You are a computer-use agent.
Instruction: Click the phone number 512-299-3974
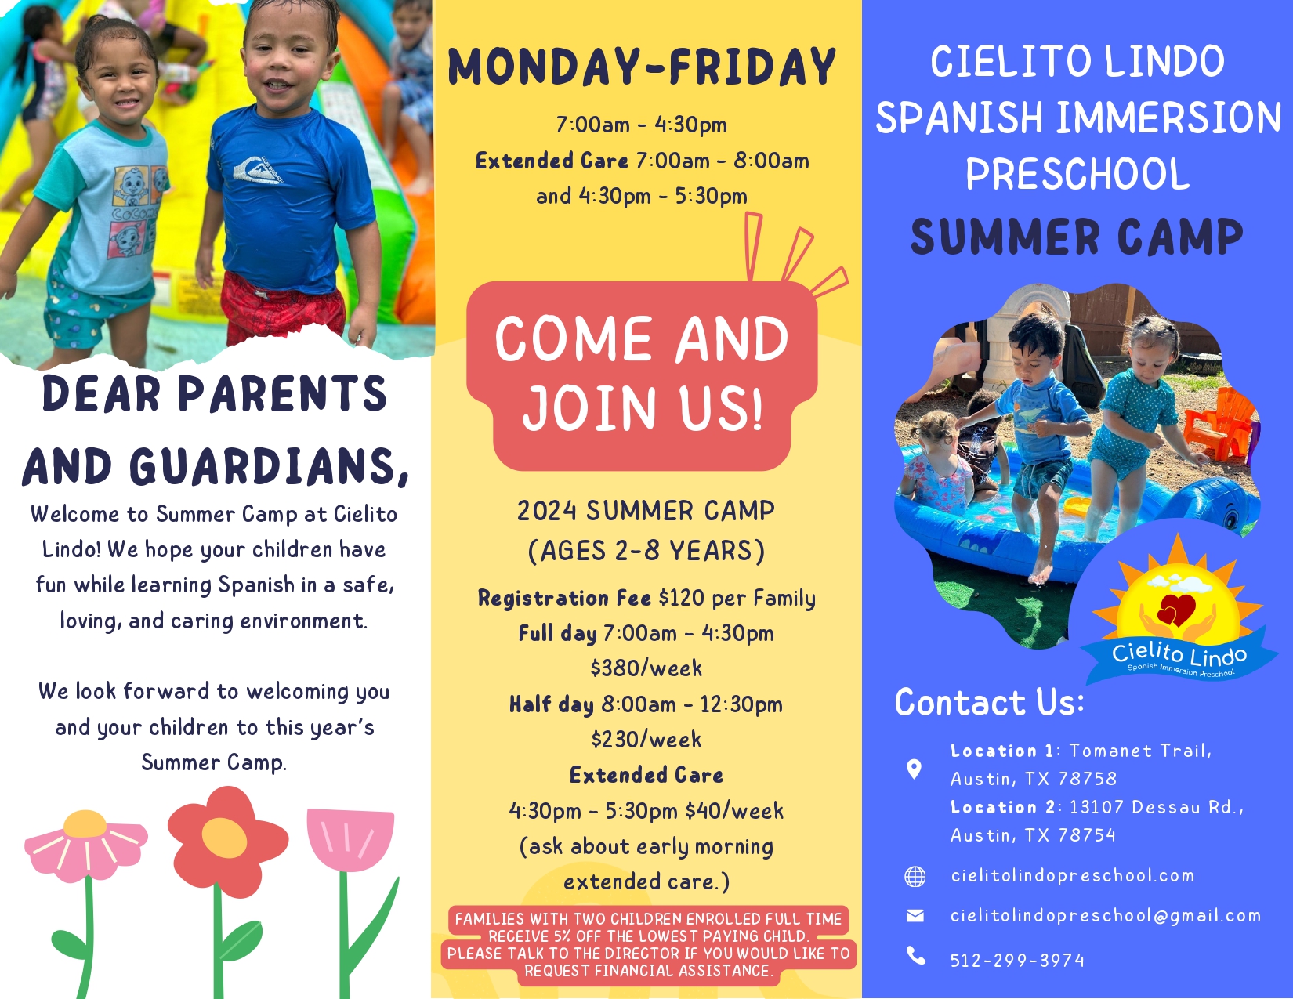(1017, 961)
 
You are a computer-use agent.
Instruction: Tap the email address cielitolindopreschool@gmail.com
(1106, 916)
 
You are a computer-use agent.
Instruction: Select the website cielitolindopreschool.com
(1072, 876)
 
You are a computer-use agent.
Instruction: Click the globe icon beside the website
(915, 877)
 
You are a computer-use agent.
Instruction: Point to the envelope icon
(915, 916)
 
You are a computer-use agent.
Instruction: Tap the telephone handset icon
(916, 956)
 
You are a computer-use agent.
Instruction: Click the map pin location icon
(914, 769)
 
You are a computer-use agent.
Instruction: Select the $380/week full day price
(646, 668)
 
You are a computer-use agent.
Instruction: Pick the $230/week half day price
(646, 740)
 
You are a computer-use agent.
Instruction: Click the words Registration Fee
(564, 598)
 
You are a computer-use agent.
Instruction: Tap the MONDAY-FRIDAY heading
(642, 67)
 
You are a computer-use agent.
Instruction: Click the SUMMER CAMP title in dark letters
(1077, 237)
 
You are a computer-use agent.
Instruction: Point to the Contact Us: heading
(989, 702)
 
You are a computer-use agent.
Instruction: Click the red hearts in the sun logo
(1175, 610)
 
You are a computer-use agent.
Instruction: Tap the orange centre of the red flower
(224, 837)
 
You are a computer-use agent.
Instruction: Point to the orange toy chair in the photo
(1220, 424)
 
